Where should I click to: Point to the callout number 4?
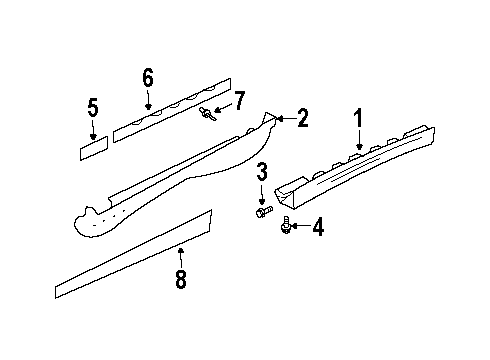[318, 228]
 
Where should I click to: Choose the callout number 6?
[148, 77]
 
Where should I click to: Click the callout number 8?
[181, 280]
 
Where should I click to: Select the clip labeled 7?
[207, 113]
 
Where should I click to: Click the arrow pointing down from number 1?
[357, 145]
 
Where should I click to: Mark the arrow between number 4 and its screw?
[300, 228]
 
